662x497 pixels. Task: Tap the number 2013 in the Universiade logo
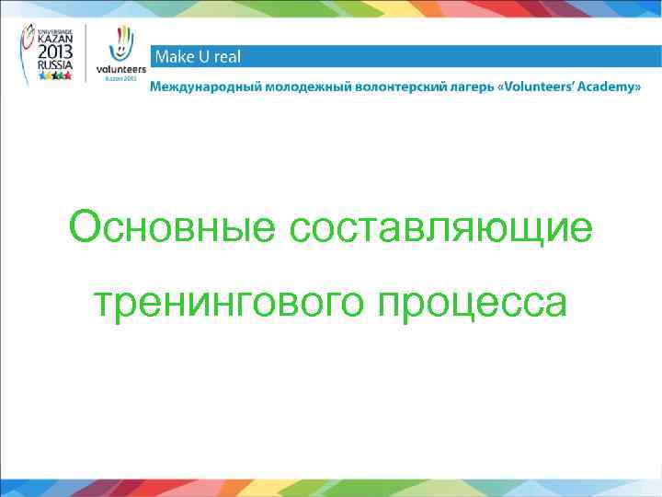pos(56,54)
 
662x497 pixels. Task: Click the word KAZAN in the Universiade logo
pos(56,41)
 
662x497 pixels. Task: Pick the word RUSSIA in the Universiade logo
pos(56,66)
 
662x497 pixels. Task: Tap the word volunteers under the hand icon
pos(120,70)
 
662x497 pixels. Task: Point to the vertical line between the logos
pos(87,55)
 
